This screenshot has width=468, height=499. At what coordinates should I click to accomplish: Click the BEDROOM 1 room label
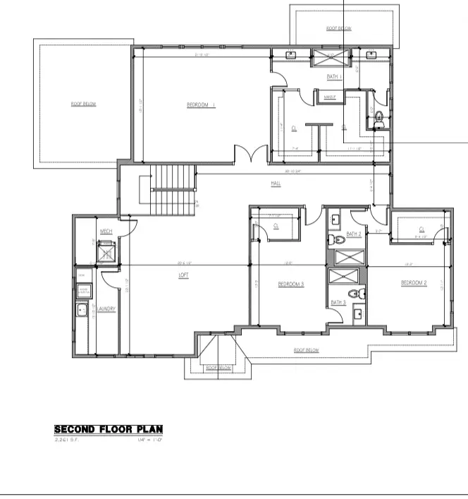point(200,106)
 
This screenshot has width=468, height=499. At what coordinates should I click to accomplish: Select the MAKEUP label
point(329,96)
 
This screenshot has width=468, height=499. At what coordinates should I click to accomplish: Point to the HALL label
point(276,184)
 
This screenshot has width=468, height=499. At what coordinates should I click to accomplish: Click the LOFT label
point(183,274)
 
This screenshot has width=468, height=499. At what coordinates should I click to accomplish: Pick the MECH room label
point(106,232)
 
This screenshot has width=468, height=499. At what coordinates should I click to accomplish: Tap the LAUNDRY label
point(106,308)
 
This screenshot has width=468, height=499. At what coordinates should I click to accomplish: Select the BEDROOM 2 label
point(414,282)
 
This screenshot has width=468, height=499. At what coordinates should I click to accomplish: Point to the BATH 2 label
point(354,234)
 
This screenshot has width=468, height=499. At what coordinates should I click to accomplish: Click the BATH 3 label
point(339,302)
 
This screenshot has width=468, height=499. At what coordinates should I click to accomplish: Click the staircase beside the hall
point(173,191)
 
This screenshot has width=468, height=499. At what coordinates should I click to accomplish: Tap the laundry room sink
point(82,308)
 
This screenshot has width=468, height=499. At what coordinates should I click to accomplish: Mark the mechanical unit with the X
point(106,251)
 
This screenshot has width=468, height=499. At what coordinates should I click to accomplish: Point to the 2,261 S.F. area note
point(68,440)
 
